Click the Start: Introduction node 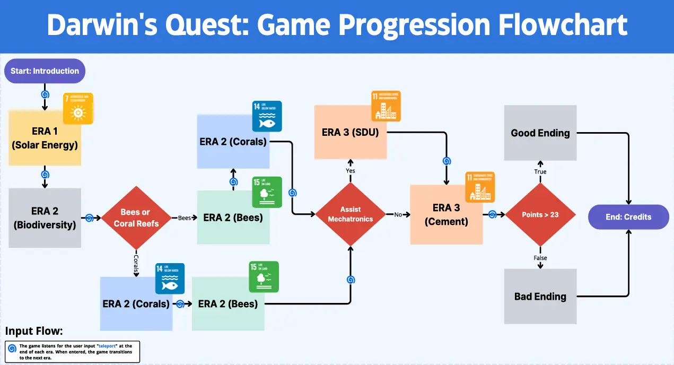[45, 71]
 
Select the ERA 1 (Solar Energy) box [45, 138]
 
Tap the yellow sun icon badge [78, 109]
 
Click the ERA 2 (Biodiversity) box [45, 218]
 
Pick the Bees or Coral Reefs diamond [136, 218]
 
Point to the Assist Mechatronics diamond [350, 214]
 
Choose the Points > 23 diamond [540, 214]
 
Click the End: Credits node [628, 216]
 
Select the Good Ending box [540, 133]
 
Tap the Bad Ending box [540, 297]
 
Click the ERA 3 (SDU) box [350, 133]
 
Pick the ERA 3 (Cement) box [446, 214]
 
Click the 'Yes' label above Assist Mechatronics [351, 171]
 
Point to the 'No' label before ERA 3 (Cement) [398, 214]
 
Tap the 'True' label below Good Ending [540, 172]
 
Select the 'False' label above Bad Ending [540, 258]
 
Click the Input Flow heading [34, 332]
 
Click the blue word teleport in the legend [100, 345]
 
